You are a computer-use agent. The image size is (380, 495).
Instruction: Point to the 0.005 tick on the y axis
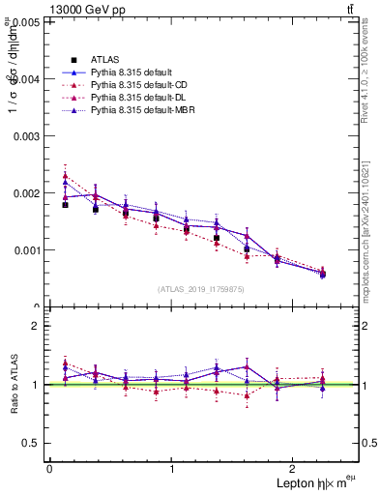tap(26, 22)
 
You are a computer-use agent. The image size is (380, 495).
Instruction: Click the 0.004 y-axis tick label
tap(26, 79)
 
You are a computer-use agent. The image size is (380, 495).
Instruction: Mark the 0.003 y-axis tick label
tap(26, 136)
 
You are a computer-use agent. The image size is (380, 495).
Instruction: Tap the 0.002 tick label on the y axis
tap(26, 193)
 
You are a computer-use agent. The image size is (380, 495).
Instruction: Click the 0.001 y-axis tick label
tap(26, 250)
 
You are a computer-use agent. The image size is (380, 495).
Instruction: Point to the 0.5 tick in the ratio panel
tap(31, 443)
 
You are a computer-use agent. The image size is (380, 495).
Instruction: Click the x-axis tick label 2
tap(296, 469)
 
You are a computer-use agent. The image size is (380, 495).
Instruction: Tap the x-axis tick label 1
tap(172, 469)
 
